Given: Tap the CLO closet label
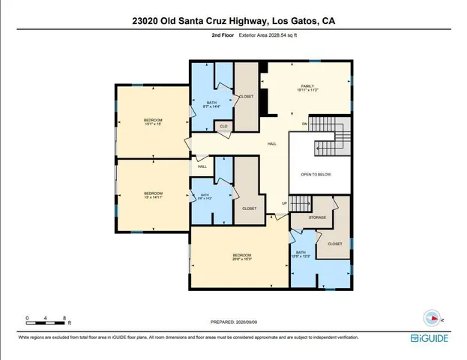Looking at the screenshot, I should pyautogui.click(x=223, y=127).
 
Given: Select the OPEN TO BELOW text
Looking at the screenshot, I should pyautogui.click(x=316, y=174).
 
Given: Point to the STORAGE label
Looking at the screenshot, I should pyautogui.click(x=317, y=217).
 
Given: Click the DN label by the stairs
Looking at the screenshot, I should pyautogui.click(x=304, y=124).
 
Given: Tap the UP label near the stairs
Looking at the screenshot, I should pyautogui.click(x=284, y=203).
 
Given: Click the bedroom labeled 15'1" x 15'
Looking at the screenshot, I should pyautogui.click(x=153, y=122).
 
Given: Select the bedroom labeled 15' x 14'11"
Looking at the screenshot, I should pyautogui.click(x=153, y=195).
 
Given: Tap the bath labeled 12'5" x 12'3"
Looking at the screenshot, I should pyautogui.click(x=301, y=255).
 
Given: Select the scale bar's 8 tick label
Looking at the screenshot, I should pyautogui.click(x=65, y=318).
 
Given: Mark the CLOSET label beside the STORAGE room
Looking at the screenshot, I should pyautogui.click(x=334, y=244).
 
